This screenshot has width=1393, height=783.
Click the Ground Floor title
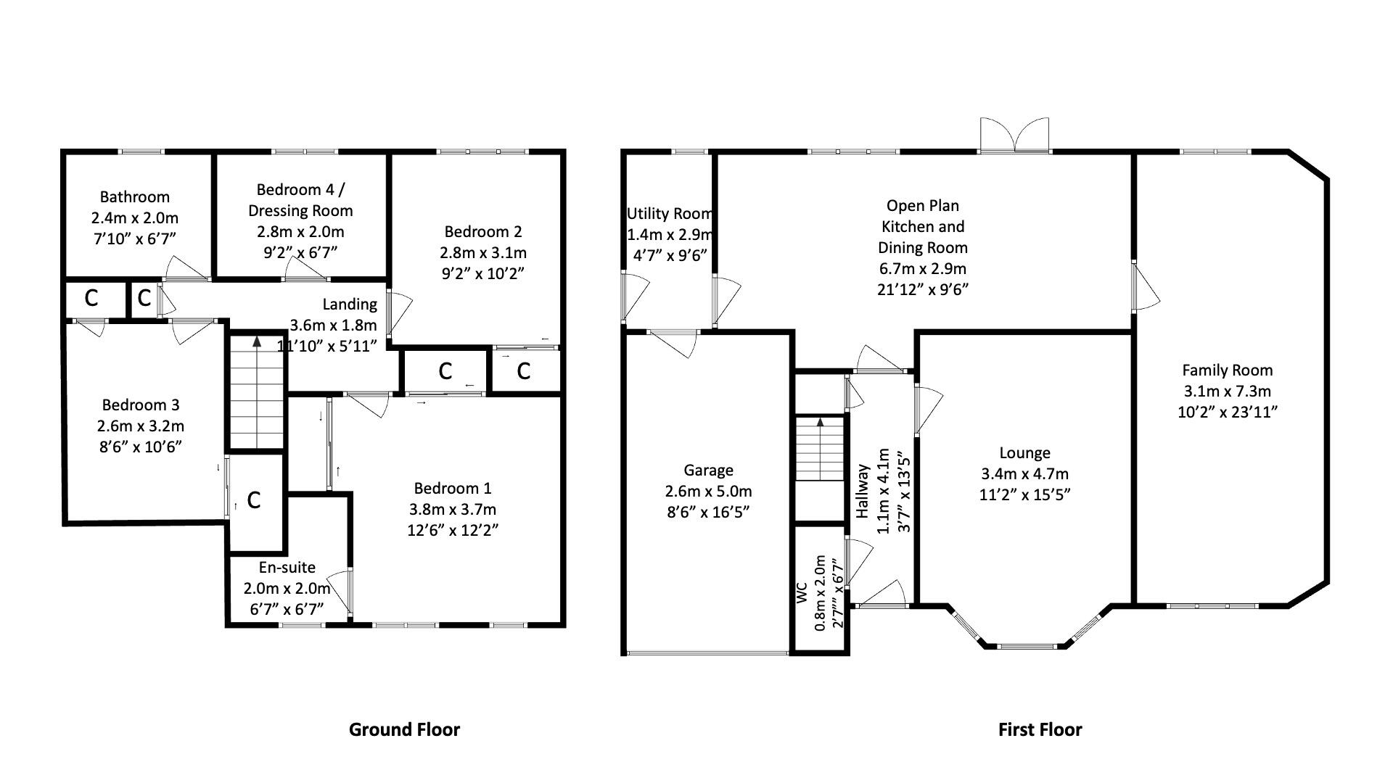pyautogui.click(x=404, y=729)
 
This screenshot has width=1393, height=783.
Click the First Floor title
pyautogui.click(x=1040, y=729)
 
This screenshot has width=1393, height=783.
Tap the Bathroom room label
pyautogui.click(x=135, y=196)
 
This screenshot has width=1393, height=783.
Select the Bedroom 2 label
pyautogui.click(x=482, y=232)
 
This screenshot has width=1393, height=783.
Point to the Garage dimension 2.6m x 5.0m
pyautogui.click(x=708, y=492)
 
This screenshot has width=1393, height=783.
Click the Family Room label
pyautogui.click(x=1227, y=370)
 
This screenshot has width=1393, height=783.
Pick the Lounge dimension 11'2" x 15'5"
pyautogui.click(x=1024, y=495)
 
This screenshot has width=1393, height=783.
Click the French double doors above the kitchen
pyautogui.click(x=1014, y=136)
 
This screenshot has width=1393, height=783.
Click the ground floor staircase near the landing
pyautogui.click(x=256, y=391)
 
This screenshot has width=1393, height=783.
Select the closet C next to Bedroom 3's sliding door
pyautogui.click(x=254, y=500)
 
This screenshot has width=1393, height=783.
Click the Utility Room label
pyautogui.click(x=669, y=214)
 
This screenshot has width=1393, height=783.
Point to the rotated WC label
pyautogui.click(x=802, y=593)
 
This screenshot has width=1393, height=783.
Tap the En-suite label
pyautogui.click(x=287, y=568)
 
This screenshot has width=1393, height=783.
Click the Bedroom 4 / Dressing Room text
pyautogui.click(x=300, y=200)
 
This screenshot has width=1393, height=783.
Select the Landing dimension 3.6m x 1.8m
pyautogui.click(x=333, y=326)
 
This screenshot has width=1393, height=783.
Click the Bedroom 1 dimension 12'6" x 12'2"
pyautogui.click(x=453, y=530)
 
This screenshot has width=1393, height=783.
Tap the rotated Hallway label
pyautogui.click(x=863, y=492)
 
